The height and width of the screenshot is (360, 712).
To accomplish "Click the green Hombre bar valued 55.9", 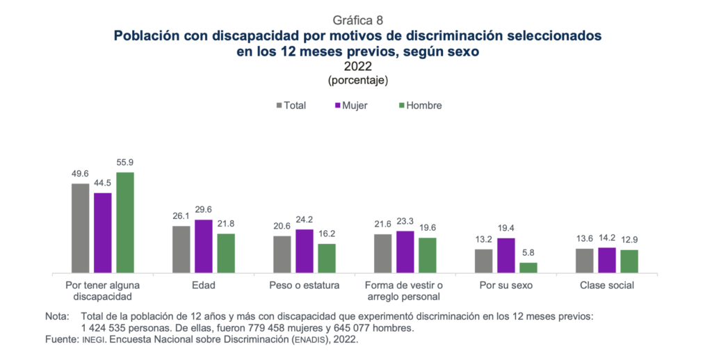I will coord(124,222).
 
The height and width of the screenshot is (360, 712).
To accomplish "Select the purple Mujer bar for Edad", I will coord(203,246).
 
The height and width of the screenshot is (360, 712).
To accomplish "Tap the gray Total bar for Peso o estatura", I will coord(282,254).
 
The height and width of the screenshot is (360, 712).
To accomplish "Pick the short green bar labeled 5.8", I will coord(528,268).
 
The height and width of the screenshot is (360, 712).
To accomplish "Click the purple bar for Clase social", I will coord(607,260).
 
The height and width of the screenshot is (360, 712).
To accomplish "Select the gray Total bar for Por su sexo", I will coord(483,261).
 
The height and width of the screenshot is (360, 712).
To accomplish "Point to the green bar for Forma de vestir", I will coord(428,255).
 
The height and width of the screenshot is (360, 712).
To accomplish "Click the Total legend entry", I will coord(291,106).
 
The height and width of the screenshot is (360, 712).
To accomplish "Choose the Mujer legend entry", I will coord(351,106).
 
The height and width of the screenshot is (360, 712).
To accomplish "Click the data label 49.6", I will coord(80,174).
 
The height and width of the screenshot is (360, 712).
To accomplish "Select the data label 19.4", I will coord(505,228).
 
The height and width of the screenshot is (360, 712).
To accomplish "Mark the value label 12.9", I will coord(629,240).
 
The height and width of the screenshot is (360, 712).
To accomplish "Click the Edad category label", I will coord(204,285).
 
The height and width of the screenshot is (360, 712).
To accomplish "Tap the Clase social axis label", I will coord(607,285).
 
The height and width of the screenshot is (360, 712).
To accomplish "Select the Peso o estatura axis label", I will coord(304,285).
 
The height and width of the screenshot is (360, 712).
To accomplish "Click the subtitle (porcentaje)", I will coord(357,80).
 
